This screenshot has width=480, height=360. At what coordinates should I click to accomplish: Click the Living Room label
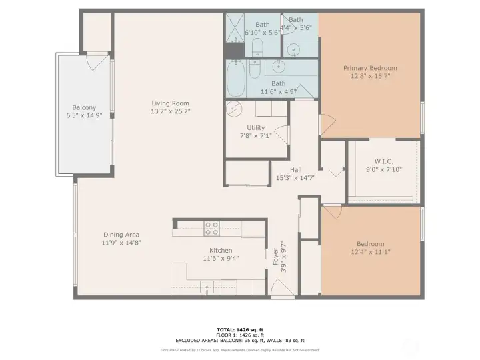170,103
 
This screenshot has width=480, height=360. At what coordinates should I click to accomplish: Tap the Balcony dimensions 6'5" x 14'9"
84,115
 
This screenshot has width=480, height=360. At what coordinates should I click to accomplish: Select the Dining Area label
121,234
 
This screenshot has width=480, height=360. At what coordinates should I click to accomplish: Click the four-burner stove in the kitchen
211,229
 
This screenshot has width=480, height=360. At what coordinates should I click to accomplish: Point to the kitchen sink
209,287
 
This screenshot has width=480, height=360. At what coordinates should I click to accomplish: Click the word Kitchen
221,250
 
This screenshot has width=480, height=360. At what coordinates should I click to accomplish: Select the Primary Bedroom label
370,68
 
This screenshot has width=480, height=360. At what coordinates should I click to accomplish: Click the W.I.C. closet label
383,161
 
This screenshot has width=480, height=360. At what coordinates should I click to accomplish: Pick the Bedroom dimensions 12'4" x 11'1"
370,252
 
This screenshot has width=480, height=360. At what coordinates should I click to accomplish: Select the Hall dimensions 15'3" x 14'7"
295,178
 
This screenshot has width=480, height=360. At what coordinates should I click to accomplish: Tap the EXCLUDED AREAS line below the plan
240,340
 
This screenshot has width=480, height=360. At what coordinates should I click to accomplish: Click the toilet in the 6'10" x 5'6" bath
258,47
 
